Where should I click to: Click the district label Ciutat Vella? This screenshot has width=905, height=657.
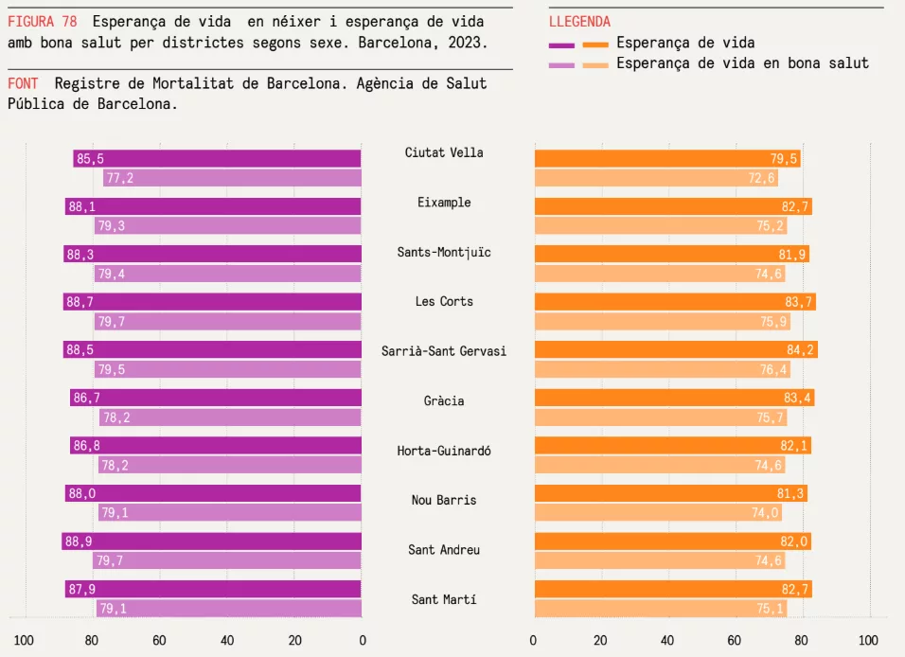pyautogui.click(x=444, y=152)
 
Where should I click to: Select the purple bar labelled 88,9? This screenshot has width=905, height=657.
pyautogui.click(x=213, y=542)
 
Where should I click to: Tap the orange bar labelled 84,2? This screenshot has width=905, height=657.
pyautogui.click(x=675, y=350)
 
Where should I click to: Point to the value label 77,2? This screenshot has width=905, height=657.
pyautogui.click(x=119, y=178)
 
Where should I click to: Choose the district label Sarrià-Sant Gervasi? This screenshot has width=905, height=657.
pyautogui.click(x=444, y=351)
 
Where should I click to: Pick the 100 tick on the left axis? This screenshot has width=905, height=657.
pyautogui.click(x=24, y=639)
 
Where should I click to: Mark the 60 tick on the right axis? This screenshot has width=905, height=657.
pyautogui.click(x=735, y=639)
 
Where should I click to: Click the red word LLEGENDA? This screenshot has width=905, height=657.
pyautogui.click(x=579, y=22)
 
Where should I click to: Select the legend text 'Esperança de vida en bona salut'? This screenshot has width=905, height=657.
pyautogui.click(x=742, y=63)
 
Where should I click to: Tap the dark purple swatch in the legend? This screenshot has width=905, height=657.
pyautogui.click(x=561, y=44)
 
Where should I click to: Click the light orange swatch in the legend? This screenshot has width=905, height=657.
pyautogui.click(x=595, y=64)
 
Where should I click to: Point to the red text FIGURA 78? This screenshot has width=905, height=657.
pyautogui.click(x=43, y=22)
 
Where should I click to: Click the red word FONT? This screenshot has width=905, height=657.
pyautogui.click(x=24, y=83)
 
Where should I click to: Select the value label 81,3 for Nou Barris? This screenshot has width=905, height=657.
pyautogui.click(x=790, y=493)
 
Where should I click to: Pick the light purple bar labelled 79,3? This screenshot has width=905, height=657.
pyautogui.click(x=228, y=225)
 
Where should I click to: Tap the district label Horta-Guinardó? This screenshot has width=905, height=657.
pyautogui.click(x=444, y=451)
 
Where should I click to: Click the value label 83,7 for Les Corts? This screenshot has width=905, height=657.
pyautogui.click(x=799, y=302)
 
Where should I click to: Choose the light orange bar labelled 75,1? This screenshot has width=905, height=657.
pyautogui.click(x=660, y=609)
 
